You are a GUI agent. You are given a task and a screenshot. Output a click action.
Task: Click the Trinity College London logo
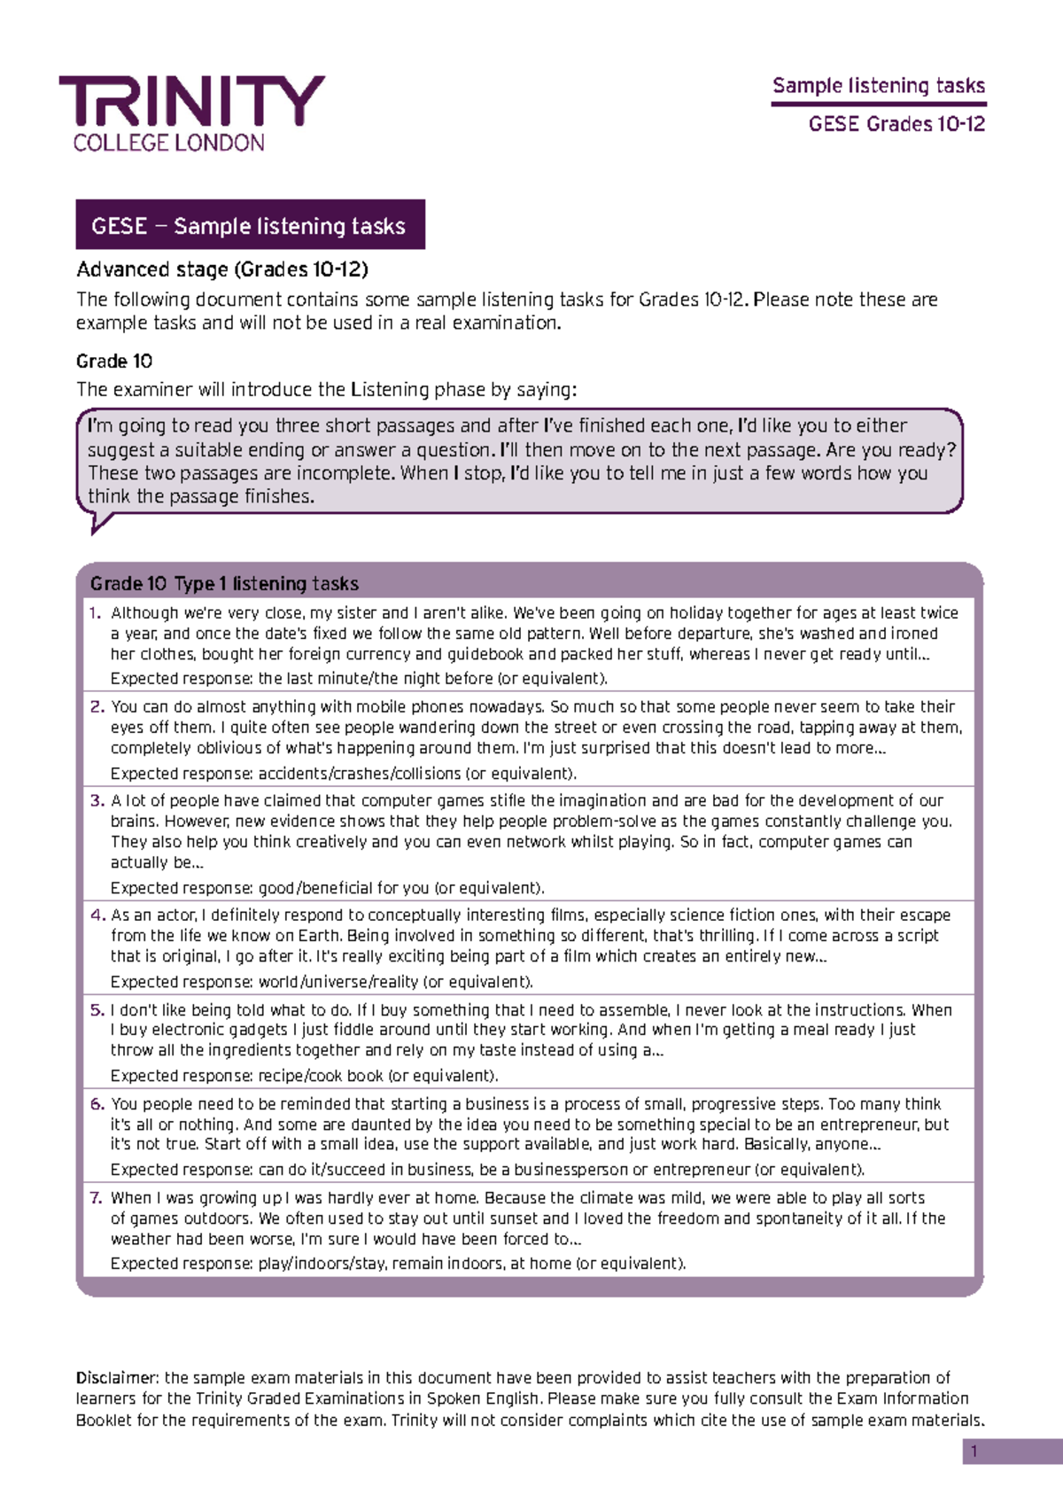[191, 113]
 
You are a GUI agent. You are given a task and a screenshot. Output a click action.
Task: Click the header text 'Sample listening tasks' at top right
[878, 86]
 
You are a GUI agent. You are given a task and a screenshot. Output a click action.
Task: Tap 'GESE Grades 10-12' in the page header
[896, 124]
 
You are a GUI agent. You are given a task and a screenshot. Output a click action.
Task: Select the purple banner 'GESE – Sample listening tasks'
[250, 225]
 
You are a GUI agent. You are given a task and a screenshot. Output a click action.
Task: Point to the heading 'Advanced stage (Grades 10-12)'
[222, 269]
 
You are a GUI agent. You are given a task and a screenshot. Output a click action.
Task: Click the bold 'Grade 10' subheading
[114, 362]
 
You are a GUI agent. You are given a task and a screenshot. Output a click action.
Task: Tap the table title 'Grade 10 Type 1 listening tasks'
[224, 584]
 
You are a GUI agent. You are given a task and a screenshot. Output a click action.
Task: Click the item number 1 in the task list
[95, 613]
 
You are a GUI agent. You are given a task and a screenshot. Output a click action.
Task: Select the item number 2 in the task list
[97, 707]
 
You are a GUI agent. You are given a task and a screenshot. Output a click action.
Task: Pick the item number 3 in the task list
[97, 801]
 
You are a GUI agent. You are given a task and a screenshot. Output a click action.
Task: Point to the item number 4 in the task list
[97, 915]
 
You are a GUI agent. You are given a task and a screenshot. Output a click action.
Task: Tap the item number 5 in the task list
[97, 1010]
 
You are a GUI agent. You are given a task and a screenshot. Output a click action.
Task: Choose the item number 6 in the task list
[97, 1104]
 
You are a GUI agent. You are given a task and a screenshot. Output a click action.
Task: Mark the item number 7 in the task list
[97, 1198]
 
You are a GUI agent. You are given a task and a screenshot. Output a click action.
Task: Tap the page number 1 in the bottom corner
[974, 1452]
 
